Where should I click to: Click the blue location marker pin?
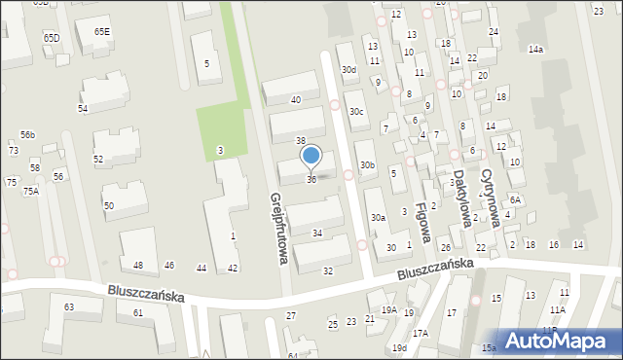(x=311, y=156)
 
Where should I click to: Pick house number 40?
(x=296, y=100)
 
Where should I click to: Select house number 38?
(x=301, y=141)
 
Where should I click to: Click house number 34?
(x=317, y=234)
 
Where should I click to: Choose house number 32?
(x=328, y=270)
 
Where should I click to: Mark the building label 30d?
(x=348, y=70)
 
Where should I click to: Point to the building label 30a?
(x=377, y=218)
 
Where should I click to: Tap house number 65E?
(x=102, y=32)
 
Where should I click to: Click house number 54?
(x=83, y=108)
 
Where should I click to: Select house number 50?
(x=109, y=205)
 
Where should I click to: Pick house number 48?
(x=138, y=266)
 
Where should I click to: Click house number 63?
(x=69, y=307)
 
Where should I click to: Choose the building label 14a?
(x=535, y=49)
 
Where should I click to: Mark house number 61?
(x=138, y=312)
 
